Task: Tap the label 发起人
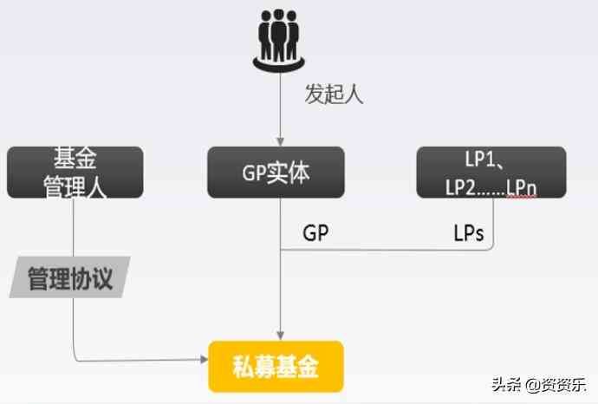(x=334, y=94)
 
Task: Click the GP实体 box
(x=276, y=172)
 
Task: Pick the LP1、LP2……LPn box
(x=491, y=172)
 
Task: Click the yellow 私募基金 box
(x=276, y=367)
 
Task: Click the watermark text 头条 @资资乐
(x=537, y=384)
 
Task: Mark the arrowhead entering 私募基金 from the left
(x=205, y=359)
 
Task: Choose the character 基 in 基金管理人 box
(x=62, y=160)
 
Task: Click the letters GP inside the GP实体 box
(x=255, y=173)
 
